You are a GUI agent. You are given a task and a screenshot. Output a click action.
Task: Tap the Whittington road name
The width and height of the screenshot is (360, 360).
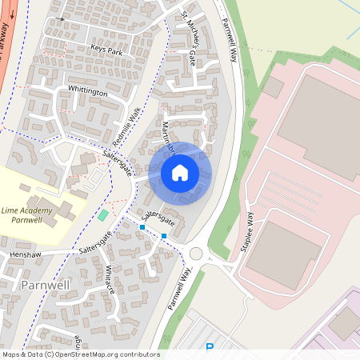coord(88,92)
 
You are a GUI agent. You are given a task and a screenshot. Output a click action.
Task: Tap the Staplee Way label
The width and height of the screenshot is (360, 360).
coord(246,233)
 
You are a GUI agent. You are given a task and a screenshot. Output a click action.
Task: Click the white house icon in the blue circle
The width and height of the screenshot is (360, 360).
coord(180,173)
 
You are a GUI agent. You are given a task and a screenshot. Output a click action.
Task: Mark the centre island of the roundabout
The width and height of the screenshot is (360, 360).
coord(196,254)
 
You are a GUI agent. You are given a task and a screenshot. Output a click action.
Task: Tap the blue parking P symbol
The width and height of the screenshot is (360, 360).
coord(210,347)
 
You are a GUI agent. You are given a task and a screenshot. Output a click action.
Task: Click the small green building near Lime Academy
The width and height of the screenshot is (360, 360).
coord(102,214)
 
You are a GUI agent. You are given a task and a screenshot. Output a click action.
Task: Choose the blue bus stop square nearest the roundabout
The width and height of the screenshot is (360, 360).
coord(164,235)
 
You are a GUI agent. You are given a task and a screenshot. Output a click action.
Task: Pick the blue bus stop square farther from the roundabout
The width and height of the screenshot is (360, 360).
coord(142,228)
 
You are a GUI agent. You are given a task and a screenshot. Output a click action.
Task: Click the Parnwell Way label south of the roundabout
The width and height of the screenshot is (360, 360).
coord(182,290)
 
